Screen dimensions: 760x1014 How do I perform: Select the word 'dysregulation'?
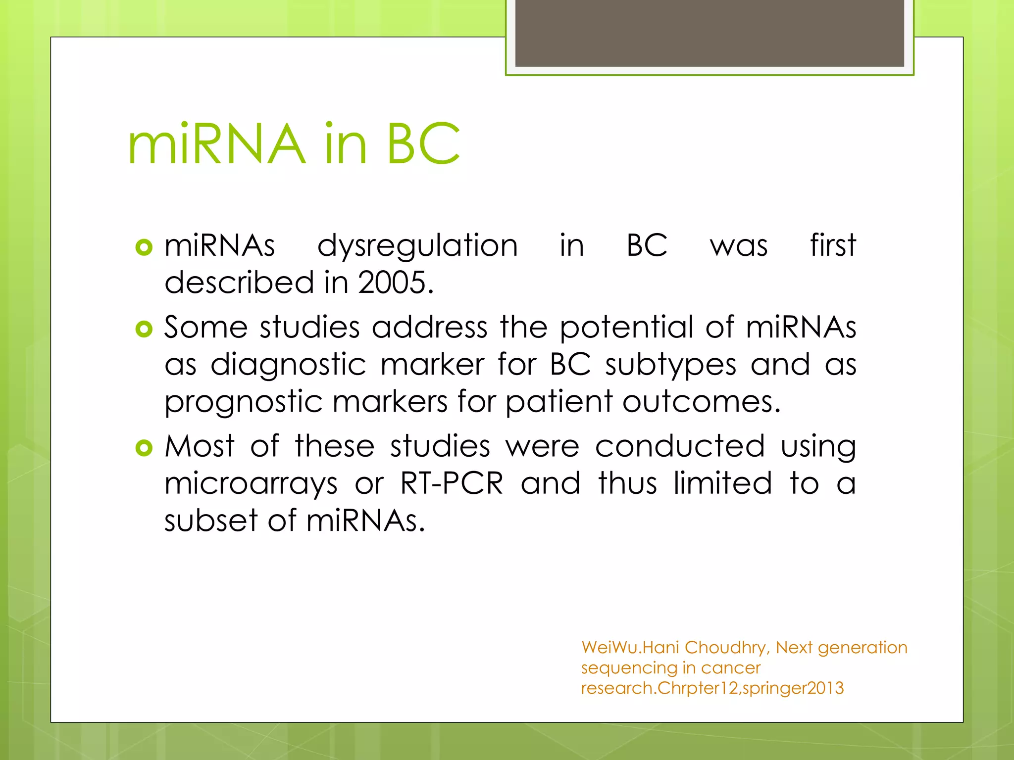tap(417, 246)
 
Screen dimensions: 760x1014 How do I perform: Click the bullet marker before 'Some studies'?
tap(144, 329)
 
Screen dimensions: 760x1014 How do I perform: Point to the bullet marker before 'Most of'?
tap(144, 448)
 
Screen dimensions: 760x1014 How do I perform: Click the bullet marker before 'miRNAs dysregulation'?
tap(144, 247)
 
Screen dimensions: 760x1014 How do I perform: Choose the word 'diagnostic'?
tap(288, 365)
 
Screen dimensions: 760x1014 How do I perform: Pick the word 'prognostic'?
tap(243, 402)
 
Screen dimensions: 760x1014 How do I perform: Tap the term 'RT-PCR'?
tap(452, 483)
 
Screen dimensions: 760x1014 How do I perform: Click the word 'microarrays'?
tap(251, 484)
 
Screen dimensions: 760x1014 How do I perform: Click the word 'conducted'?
tap(680, 446)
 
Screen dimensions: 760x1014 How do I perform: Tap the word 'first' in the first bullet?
tap(833, 245)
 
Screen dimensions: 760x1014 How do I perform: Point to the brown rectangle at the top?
tap(710, 33)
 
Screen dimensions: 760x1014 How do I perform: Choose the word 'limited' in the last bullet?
tap(722, 483)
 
